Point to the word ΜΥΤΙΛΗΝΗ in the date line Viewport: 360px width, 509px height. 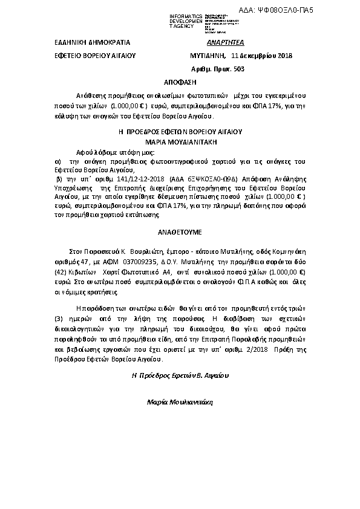click(206, 56)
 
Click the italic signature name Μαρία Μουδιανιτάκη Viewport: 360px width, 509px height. click(180, 401)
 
